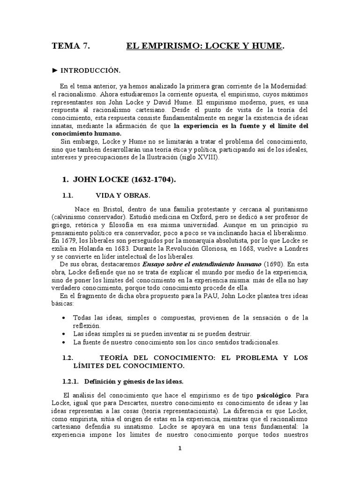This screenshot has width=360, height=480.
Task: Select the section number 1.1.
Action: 69,195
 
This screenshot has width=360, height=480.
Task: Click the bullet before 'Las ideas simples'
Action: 64,334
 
